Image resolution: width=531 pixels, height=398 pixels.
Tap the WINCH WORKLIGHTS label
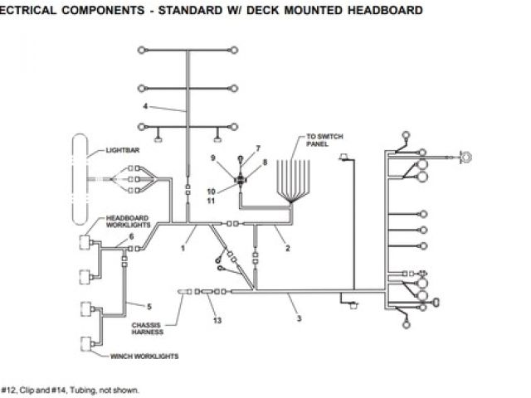145,357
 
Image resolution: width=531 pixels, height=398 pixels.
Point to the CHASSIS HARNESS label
146,329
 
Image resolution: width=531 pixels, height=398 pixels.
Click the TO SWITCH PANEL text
324,139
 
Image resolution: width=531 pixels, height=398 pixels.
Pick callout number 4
145,106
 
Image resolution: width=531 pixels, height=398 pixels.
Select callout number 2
288,248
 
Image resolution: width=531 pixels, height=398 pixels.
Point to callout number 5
150,307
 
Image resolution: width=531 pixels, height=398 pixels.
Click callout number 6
131,237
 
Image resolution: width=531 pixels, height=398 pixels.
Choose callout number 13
217,320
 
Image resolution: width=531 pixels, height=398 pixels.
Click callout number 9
212,158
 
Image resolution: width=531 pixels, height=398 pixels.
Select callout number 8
265,163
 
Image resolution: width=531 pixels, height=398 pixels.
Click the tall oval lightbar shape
81,180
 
